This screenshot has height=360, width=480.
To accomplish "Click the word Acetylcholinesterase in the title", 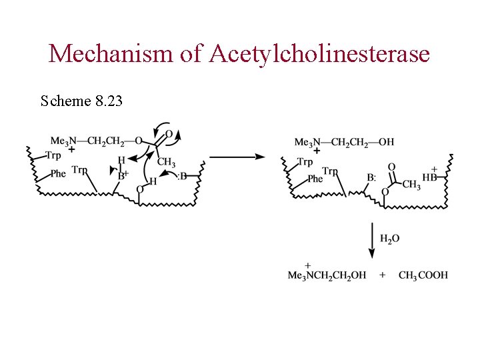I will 319,53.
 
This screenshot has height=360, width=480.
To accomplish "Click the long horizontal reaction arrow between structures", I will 237,157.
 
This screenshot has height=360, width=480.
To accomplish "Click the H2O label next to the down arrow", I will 390,238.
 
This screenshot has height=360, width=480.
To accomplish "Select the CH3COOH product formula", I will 423,275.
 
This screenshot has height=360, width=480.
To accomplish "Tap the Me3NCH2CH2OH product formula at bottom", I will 327,275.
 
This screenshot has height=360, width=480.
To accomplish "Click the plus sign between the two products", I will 383,275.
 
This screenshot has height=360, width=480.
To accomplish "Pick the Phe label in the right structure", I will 315,179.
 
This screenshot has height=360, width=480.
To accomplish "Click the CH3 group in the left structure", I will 166,163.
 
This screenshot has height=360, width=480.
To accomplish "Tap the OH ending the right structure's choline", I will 386,142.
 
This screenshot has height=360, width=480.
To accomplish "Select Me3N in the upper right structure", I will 305,142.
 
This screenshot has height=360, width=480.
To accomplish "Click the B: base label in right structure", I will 371,178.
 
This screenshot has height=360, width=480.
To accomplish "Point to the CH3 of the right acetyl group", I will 411,184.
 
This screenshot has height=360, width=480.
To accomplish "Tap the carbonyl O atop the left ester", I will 169,134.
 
